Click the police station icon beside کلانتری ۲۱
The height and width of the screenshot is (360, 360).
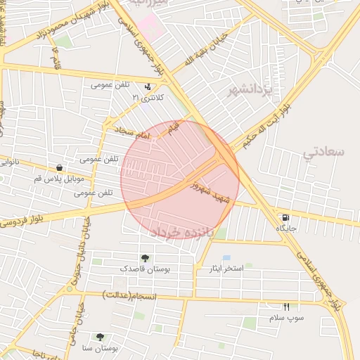(148, 87)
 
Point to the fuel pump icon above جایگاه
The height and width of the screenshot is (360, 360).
(285, 218)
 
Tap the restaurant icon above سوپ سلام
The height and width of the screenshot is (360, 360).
(286, 307)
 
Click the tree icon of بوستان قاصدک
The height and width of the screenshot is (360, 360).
(145, 258)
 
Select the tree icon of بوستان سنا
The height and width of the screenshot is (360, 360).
(99, 337)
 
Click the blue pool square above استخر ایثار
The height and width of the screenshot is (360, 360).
(226, 258)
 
